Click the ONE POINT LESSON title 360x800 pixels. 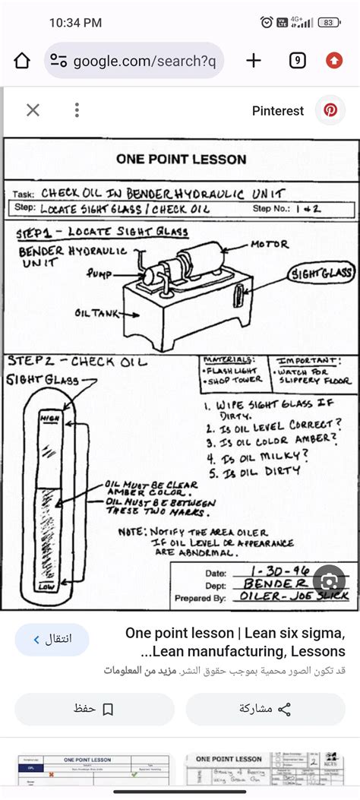pyautogui.click(x=181, y=160)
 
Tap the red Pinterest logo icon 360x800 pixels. pyautogui.click(x=330, y=110)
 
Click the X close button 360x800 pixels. pyautogui.click(x=33, y=110)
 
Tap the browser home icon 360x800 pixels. pyautogui.click(x=22, y=61)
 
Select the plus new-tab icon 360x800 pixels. pyautogui.click(x=254, y=61)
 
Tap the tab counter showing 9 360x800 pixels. pyautogui.click(x=297, y=61)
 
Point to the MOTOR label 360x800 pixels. pyautogui.click(x=270, y=245)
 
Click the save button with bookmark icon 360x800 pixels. pyautogui.click(x=93, y=709)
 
